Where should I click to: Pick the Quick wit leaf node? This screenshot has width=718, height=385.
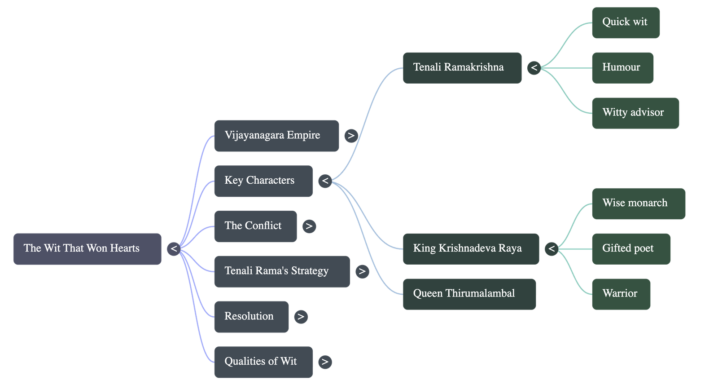click(626, 22)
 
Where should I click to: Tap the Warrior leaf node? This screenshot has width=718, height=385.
click(621, 294)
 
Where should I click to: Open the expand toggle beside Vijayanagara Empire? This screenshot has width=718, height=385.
click(351, 135)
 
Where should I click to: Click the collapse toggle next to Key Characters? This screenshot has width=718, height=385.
click(325, 181)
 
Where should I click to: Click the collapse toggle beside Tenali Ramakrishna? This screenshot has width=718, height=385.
click(534, 67)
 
